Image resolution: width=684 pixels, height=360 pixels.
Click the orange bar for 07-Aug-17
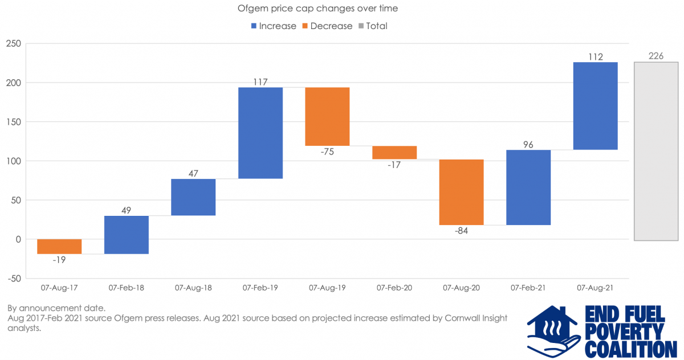click(59, 246)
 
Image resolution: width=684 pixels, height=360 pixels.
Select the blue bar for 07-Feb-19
click(260, 133)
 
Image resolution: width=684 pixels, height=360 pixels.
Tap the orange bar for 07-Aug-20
click(462, 192)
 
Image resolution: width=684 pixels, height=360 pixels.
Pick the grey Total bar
click(657, 151)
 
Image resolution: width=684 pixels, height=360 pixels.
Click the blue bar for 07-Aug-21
click(596, 106)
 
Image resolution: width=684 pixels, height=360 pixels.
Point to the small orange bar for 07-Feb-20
click(394, 153)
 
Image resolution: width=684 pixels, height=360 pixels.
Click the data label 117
click(260, 82)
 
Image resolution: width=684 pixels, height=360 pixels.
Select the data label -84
click(462, 231)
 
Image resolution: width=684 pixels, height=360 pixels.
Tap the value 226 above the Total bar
click(656, 56)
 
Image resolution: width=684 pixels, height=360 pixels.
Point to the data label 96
click(528, 145)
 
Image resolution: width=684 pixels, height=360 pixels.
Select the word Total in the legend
click(377, 26)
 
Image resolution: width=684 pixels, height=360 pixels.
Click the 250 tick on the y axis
click(13, 44)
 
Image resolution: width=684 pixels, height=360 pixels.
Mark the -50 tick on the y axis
click(13, 279)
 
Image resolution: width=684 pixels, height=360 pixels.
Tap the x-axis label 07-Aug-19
click(327, 288)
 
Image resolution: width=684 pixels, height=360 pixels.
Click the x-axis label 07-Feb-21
click(528, 288)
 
